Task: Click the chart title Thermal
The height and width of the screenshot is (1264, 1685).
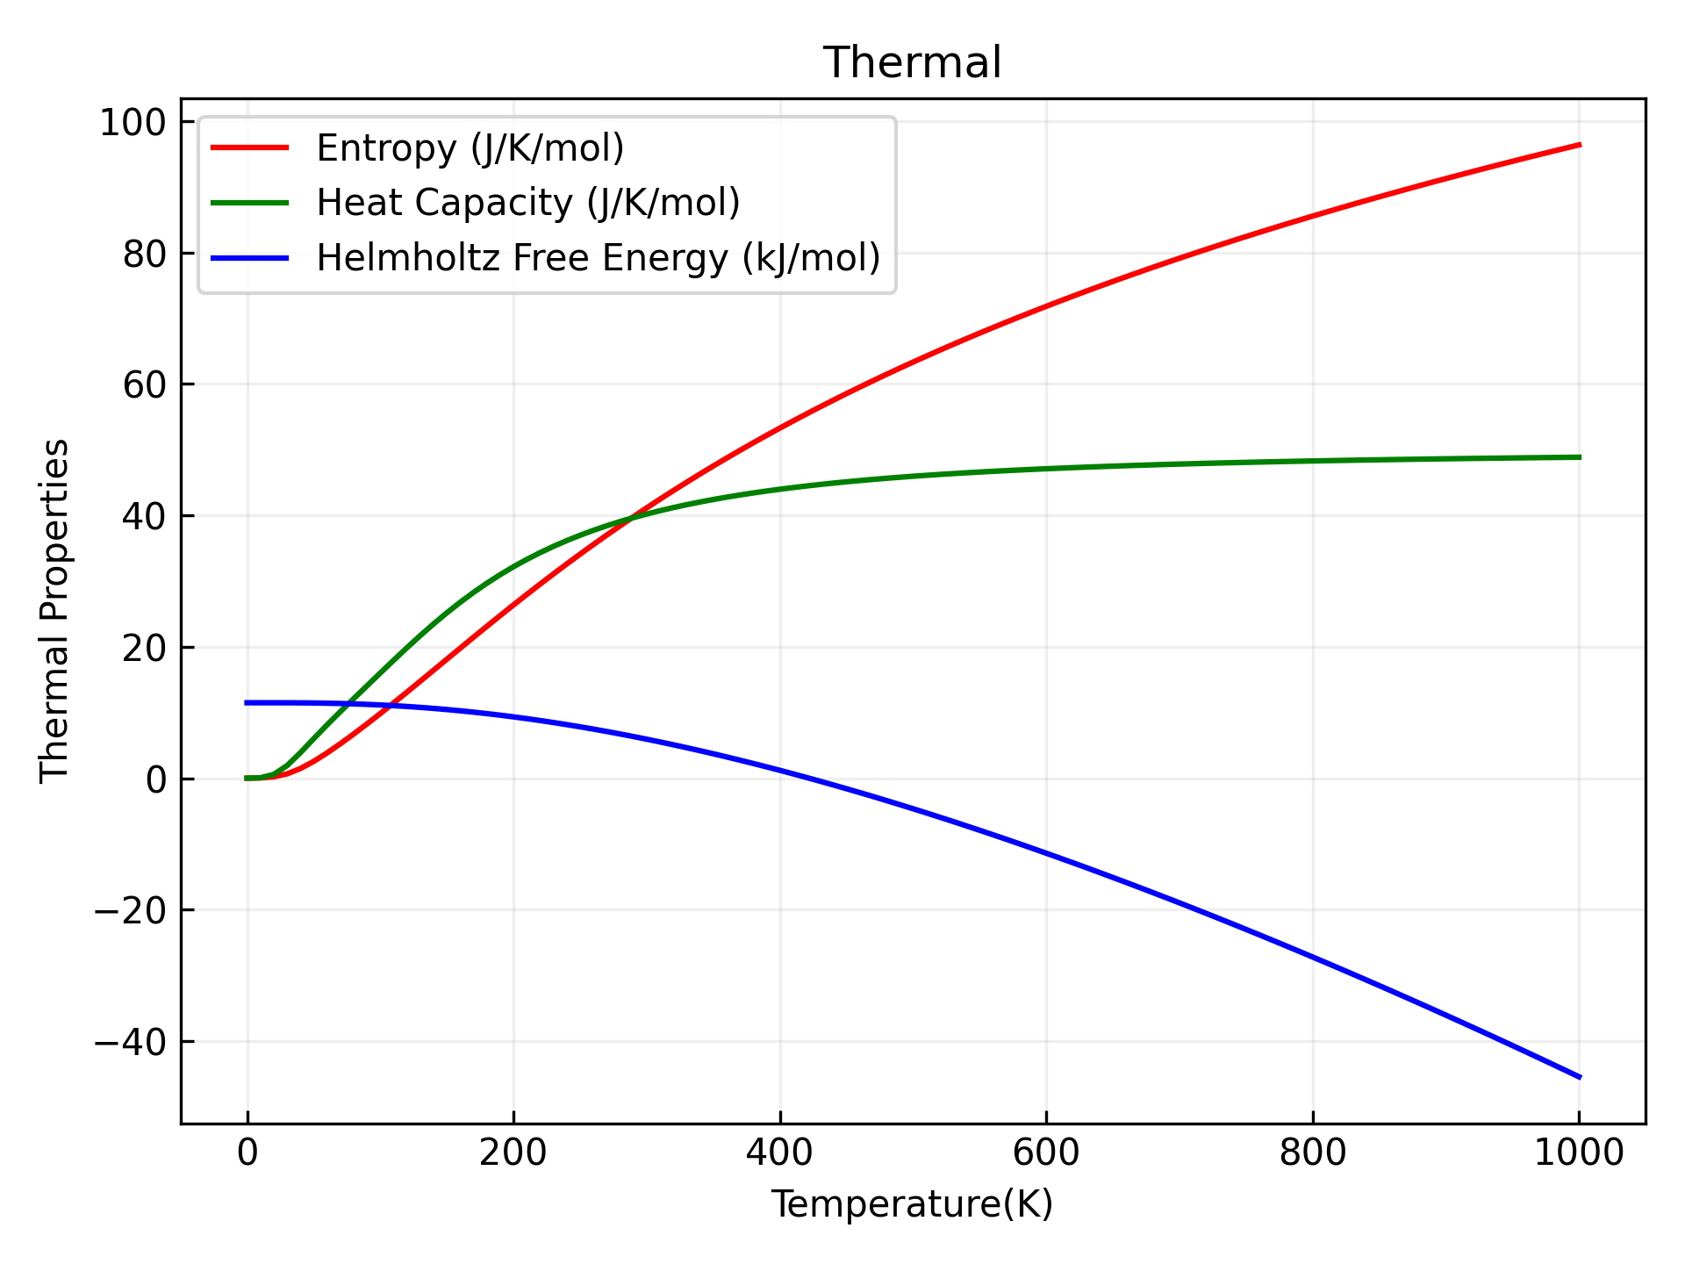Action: [912, 63]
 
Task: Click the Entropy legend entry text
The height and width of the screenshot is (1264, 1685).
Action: [470, 148]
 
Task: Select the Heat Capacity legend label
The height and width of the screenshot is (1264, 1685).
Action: [528, 203]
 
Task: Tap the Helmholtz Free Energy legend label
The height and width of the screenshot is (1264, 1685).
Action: [599, 258]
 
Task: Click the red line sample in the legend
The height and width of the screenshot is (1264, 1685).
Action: [250, 148]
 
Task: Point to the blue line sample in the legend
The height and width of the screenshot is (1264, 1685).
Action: [250, 258]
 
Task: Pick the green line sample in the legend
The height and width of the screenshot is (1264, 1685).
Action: [250, 203]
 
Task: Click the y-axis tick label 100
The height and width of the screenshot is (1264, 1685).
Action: [133, 123]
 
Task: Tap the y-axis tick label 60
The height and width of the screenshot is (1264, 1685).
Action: [145, 385]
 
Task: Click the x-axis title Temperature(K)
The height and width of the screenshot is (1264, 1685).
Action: [912, 1205]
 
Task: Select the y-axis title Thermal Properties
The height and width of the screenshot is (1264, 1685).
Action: [54, 610]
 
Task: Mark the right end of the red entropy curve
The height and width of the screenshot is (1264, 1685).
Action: [1579, 145]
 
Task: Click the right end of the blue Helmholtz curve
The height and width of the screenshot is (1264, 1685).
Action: [1579, 1077]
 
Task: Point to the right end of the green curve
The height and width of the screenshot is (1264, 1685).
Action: [1579, 457]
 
